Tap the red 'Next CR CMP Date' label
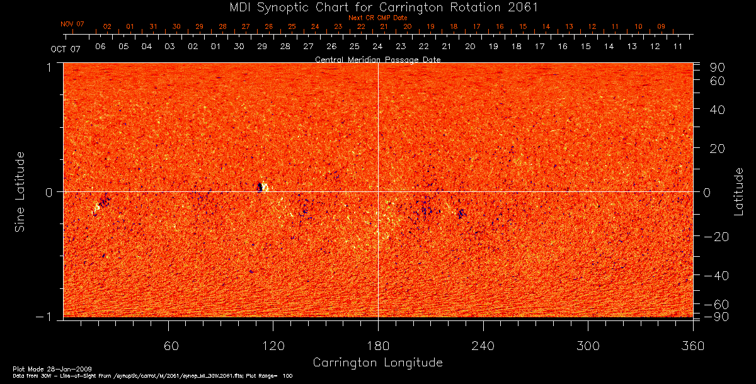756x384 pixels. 377,18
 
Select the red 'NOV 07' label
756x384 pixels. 72,24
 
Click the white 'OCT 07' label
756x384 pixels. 66,48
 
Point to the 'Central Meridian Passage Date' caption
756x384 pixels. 377,59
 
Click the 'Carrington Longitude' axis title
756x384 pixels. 377,363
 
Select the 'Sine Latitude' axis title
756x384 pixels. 20,191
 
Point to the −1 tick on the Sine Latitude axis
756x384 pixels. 48,317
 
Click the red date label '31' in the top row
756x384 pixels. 153,26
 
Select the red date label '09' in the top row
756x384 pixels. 661,26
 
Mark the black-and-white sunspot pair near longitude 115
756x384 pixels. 263,187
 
